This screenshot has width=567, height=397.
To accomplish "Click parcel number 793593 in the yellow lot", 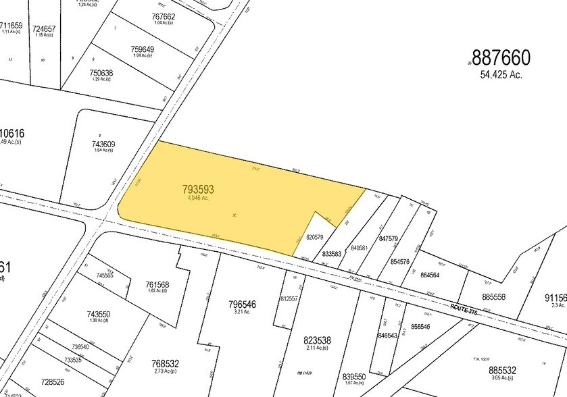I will pos(203,188).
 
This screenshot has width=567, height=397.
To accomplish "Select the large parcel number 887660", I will pos(501,58).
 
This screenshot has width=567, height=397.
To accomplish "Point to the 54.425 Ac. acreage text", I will pos(501,75).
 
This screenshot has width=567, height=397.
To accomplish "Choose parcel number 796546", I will pos(242,304).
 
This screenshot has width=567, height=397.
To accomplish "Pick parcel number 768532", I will pos(166,364).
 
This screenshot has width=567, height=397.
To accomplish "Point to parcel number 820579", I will pos(315,237).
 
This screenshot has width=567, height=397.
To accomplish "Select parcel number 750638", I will pos(101,73).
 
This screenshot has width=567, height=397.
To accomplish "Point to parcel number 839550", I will pos(354,377).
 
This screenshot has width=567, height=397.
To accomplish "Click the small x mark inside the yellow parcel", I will pos(235,215).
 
